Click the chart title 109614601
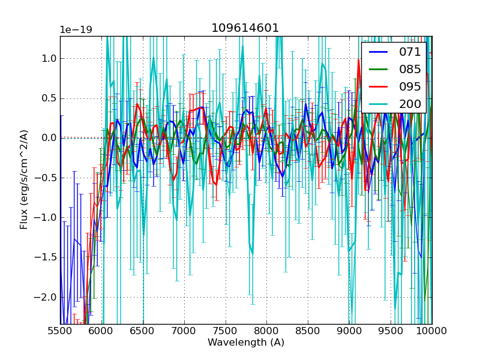[x=245, y=28]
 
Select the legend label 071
[x=410, y=52]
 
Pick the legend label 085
[x=410, y=69]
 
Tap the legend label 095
[x=410, y=86]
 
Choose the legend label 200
[x=410, y=104]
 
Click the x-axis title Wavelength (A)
[x=246, y=343]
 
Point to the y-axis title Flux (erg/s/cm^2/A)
[x=25, y=179]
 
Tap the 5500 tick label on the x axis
[x=60, y=331]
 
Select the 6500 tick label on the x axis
[x=143, y=331]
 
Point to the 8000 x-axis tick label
[x=266, y=331]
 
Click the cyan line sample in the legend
[x=379, y=104]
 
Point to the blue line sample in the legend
[x=379, y=52]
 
